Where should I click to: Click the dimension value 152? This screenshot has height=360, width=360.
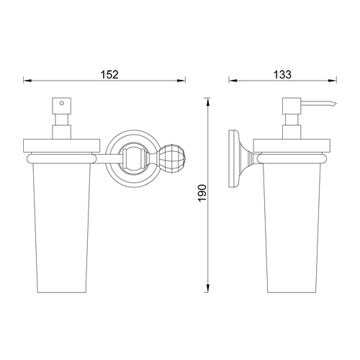[x=109, y=74]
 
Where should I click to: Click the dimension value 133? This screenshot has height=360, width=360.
[x=282, y=74]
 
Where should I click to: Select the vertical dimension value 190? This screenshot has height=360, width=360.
[x=202, y=193]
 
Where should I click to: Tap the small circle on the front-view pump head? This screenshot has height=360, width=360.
[x=62, y=104]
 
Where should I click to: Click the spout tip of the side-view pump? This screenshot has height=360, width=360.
[x=336, y=104]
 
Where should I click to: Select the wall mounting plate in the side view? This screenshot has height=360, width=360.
[x=233, y=158]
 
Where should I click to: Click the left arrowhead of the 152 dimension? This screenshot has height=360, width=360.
[x=27, y=81]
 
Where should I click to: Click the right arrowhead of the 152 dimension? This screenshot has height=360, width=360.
[x=181, y=81]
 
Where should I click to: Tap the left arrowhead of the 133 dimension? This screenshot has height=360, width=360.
[x=233, y=81]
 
